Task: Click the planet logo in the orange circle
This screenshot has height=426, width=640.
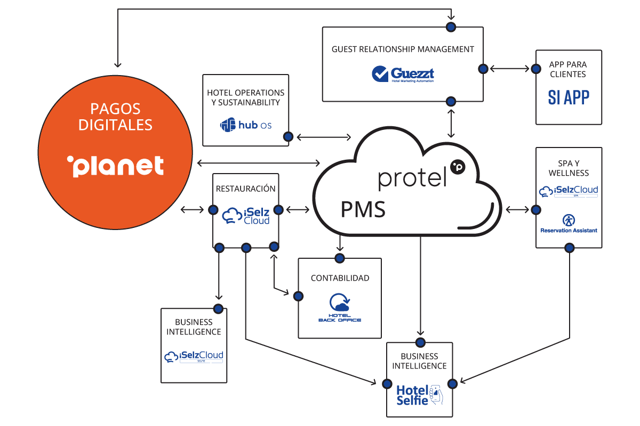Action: click(x=115, y=166)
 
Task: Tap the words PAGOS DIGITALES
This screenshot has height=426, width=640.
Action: click(x=115, y=117)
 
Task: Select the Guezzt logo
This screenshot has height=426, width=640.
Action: click(x=403, y=74)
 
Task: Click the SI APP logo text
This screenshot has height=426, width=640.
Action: click(x=569, y=97)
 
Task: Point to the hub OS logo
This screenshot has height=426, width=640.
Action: click(x=246, y=125)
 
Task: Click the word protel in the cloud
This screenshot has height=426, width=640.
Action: click(x=412, y=178)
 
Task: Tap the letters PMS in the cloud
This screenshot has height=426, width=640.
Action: click(x=363, y=210)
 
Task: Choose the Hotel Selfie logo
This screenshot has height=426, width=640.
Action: click(x=419, y=395)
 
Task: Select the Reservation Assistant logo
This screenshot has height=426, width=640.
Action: click(x=569, y=224)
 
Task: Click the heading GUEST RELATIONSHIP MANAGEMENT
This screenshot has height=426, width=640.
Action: click(x=403, y=49)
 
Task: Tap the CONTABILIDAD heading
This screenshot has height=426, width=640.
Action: click(x=340, y=278)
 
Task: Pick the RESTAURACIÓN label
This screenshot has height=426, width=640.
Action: click(x=245, y=189)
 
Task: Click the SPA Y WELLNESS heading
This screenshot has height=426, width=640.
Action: click(x=569, y=168)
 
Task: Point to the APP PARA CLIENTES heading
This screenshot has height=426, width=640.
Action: click(x=569, y=69)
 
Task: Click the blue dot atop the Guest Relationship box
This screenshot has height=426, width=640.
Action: click(x=451, y=26)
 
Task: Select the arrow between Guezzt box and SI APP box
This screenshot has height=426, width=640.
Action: click(x=509, y=69)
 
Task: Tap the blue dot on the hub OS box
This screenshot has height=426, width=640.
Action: click(x=288, y=137)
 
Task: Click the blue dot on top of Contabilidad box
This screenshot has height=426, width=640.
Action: click(x=339, y=258)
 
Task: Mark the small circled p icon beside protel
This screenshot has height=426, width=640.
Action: click(x=458, y=167)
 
